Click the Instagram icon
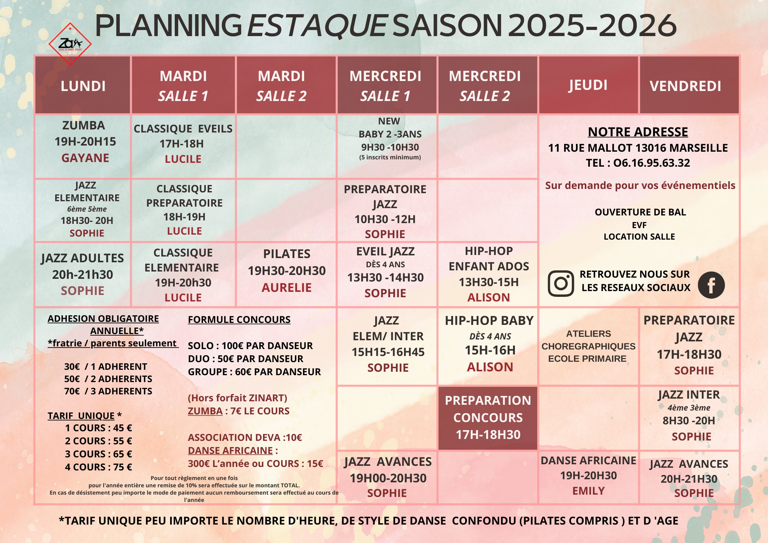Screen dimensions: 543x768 (x=561, y=283)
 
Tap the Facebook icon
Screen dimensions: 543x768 (x=711, y=285)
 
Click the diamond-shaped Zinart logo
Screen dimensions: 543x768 (x=70, y=44)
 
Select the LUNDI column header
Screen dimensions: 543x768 (x=83, y=86)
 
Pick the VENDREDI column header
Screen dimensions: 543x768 (x=685, y=86)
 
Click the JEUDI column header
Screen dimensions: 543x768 (x=588, y=85)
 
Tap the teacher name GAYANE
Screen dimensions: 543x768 (x=85, y=158)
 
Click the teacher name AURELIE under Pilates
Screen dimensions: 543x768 (x=286, y=288)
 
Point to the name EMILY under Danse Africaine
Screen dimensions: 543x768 (x=588, y=491)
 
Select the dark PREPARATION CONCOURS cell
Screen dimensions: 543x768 (x=488, y=417)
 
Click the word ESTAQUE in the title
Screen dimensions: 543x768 (x=317, y=26)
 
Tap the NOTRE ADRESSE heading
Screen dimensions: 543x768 (x=638, y=132)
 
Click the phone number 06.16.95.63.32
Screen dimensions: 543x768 (x=651, y=163)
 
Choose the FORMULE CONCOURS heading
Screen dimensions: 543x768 (x=239, y=320)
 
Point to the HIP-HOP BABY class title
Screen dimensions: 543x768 (x=489, y=321)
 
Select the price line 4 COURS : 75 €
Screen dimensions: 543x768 (x=98, y=467)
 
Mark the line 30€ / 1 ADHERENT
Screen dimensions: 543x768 (x=106, y=366)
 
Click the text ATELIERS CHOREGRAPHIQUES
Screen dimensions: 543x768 (x=588, y=340)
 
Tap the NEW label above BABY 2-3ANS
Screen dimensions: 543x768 (x=389, y=121)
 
